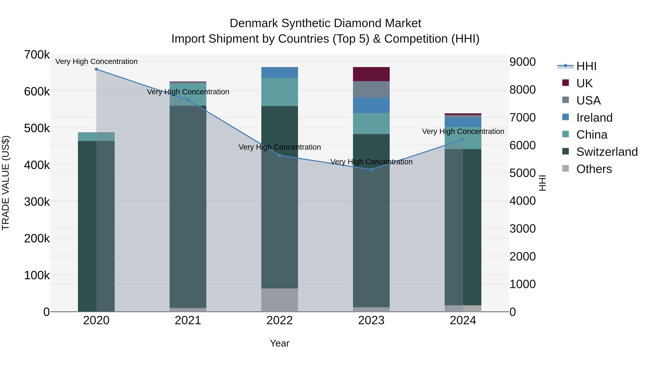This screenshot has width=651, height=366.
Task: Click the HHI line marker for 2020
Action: pyautogui.click(x=96, y=69)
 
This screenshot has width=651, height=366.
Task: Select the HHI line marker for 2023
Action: pyautogui.click(x=371, y=170)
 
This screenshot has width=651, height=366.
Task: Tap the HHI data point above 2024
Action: pyautogui.click(x=463, y=139)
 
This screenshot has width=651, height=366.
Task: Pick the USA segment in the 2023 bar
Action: pyautogui.click(x=371, y=89)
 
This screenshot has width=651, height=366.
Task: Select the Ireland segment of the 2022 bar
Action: pyautogui.click(x=280, y=72)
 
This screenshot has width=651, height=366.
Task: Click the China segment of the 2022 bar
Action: pyautogui.click(x=280, y=92)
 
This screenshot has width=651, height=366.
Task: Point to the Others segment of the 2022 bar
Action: pyautogui.click(x=280, y=300)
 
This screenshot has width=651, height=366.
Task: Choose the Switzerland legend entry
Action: pyautogui.click(x=607, y=152)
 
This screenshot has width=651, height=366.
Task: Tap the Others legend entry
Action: pyautogui.click(x=594, y=169)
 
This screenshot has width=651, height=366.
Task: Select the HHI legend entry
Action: pyautogui.click(x=586, y=66)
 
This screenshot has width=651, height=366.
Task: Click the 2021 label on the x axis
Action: pyautogui.click(x=188, y=320)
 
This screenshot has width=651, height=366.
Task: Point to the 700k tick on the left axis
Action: pyautogui.click(x=37, y=55)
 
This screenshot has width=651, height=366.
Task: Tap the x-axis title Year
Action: pyautogui.click(x=280, y=343)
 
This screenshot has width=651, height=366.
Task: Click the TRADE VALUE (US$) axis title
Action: pyautogui.click(x=6, y=183)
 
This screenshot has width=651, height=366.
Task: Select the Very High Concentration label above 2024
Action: pyautogui.click(x=463, y=131)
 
